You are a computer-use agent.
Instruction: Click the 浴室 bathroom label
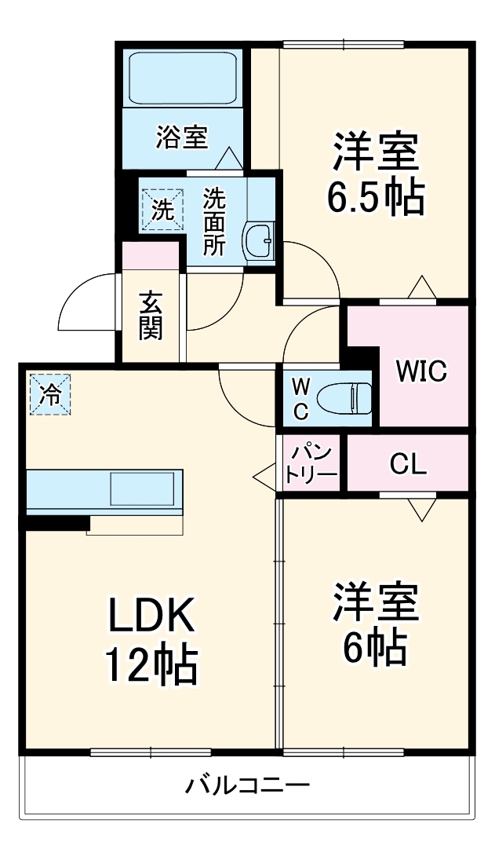[181, 137]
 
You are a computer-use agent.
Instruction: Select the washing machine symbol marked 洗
[162, 210]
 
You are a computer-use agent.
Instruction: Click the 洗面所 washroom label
[213, 221]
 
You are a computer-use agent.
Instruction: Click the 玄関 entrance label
[151, 316]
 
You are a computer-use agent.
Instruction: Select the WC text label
[301, 398]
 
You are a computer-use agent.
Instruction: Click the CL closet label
[408, 464]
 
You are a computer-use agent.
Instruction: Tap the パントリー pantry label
[312, 464]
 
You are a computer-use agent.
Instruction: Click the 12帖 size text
[151, 666]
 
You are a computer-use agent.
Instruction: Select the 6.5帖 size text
[375, 196]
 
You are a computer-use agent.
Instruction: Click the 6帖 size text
[375, 646]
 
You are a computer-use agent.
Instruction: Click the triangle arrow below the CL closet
[420, 510]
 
